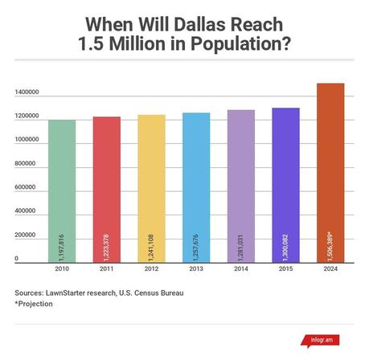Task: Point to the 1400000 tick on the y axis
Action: click(28, 93)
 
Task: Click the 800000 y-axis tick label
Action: click(27, 164)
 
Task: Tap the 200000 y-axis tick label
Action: click(27, 235)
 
